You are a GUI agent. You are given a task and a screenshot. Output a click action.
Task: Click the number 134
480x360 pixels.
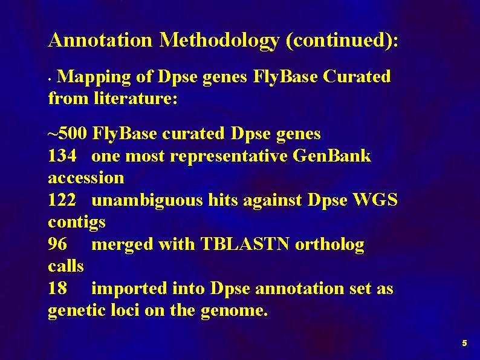click(62, 156)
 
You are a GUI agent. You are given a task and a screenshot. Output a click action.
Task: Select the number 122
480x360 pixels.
click(62, 200)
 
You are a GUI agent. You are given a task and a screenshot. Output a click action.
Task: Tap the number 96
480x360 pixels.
click(57, 244)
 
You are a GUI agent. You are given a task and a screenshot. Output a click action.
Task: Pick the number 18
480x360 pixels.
click(57, 289)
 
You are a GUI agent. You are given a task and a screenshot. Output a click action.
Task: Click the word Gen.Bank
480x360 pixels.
click(331, 156)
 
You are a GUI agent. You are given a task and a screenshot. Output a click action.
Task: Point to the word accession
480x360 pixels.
click(86, 178)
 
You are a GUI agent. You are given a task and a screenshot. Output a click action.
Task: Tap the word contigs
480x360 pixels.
click(77, 223)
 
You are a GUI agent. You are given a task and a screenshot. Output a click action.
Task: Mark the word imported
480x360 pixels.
click(128, 289)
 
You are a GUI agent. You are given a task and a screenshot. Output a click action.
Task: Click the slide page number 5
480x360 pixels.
click(464, 343)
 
